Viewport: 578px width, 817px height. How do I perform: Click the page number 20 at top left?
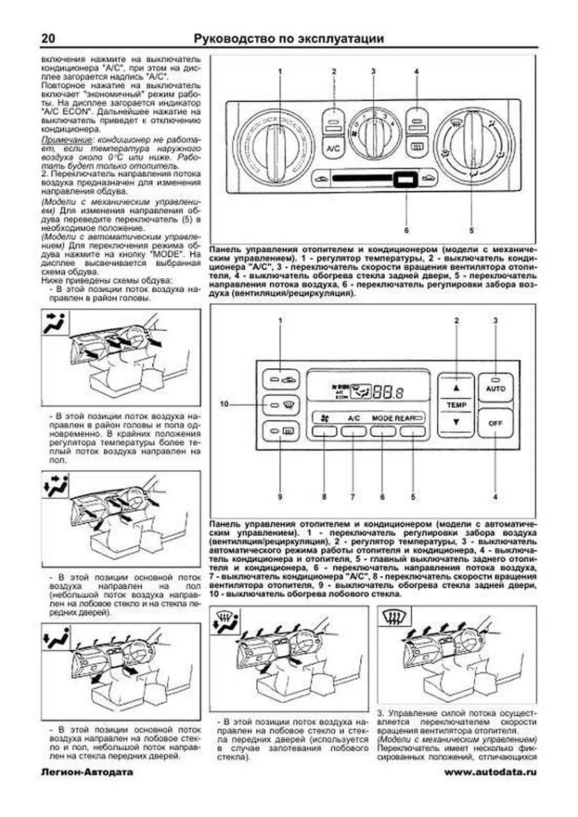48,39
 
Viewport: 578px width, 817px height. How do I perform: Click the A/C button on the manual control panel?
333,148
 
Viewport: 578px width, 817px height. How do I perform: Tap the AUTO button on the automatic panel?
496,388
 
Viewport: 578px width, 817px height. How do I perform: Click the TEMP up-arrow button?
456,388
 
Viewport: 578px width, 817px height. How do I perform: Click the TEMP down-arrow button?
456,422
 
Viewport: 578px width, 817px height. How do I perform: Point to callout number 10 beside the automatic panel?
224,404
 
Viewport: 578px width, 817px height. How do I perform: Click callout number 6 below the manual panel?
407,231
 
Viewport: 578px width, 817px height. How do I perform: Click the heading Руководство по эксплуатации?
289,39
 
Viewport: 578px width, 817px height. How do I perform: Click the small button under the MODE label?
383,431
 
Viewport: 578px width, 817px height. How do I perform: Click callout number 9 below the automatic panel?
280,496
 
